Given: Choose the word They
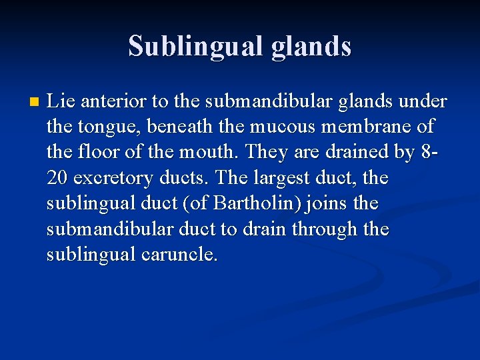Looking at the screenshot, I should tap(265, 153).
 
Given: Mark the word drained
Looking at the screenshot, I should tap(357, 153).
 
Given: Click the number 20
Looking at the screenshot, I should tap(57, 179).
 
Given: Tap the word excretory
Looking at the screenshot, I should tap(113, 179).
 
